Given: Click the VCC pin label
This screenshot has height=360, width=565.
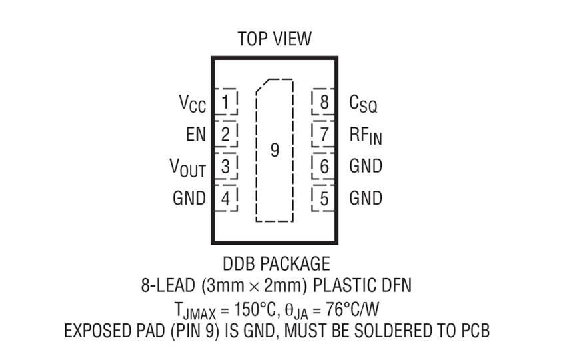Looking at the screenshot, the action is (x=193, y=103).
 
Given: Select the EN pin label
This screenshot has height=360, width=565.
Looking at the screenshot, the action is (x=196, y=135).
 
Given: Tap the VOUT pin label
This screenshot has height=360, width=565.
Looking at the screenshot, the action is (x=188, y=168).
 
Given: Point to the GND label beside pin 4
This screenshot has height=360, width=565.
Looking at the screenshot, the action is (x=189, y=198).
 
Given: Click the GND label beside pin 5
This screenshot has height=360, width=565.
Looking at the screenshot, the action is (x=366, y=198).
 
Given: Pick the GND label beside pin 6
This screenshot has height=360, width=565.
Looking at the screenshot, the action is (x=366, y=166).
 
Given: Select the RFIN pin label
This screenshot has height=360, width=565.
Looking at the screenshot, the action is (x=366, y=136).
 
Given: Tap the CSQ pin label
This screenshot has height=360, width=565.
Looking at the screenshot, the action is (x=363, y=103).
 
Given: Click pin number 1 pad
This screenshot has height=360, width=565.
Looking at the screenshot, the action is (x=226, y=102).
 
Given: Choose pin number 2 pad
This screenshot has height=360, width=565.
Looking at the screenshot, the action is (x=226, y=134).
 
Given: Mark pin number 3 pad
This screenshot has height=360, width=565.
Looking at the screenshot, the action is (x=226, y=166).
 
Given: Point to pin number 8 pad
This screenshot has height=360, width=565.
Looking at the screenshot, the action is (x=323, y=102).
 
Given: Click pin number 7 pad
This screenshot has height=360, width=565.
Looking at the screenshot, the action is (x=323, y=134).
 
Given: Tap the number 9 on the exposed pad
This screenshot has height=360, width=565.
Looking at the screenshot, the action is (x=275, y=150).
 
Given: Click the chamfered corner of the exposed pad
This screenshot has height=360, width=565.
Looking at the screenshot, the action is (x=263, y=85).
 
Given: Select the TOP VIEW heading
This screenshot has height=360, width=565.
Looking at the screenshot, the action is (x=275, y=39).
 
